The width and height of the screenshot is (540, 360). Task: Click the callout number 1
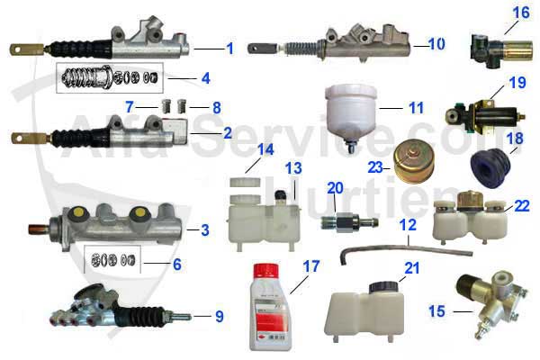(x=229, y=47)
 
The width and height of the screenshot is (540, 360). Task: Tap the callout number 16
(x=520, y=13)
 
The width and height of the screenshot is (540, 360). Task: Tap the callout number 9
(x=219, y=316)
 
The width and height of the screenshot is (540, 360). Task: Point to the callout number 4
(x=205, y=78)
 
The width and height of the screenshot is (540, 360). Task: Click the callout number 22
(x=521, y=206)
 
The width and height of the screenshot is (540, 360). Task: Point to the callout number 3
(x=204, y=230)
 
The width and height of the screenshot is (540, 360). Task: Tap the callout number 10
(x=436, y=42)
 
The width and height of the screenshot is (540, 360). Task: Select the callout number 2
(x=228, y=132)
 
